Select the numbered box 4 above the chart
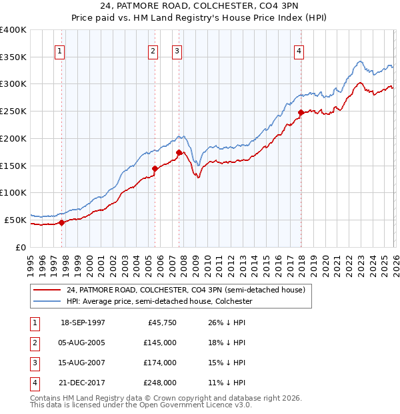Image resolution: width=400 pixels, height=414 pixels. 300,51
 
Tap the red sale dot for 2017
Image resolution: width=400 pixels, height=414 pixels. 301,112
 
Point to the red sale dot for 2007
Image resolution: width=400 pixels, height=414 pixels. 179,152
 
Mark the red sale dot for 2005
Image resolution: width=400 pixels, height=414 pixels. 155,168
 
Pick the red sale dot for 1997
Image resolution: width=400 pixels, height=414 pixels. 61,222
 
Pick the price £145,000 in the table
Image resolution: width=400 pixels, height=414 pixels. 159,343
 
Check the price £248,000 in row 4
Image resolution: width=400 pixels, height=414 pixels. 159,383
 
